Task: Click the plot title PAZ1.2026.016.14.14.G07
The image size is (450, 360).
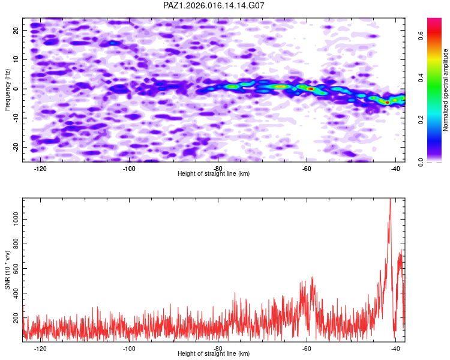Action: [x=214, y=5]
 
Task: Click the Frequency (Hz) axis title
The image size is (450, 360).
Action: [x=8, y=89]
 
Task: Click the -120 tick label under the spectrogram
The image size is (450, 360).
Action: [x=41, y=169]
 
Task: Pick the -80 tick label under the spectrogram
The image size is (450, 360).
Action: [x=218, y=169]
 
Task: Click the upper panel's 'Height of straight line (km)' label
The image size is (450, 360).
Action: [x=214, y=174]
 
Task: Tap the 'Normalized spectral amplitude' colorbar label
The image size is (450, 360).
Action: [x=446, y=90]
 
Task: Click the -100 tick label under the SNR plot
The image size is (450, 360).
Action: [x=129, y=349]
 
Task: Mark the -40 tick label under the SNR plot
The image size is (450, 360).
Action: [x=395, y=349]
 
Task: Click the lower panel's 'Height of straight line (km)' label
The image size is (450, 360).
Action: [x=214, y=354]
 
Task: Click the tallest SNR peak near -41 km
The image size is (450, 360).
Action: [x=390, y=200]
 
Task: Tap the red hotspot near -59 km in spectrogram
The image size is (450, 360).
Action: [x=311, y=89]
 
